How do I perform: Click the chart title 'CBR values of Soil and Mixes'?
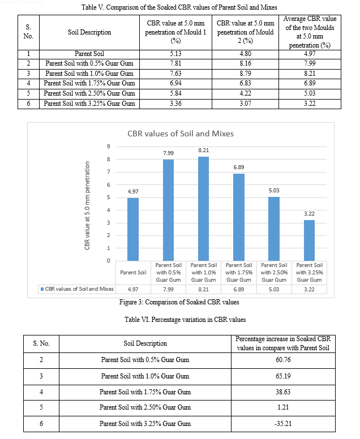coord(180,134)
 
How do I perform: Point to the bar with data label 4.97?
coord(134,229)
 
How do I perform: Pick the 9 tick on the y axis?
coord(108,147)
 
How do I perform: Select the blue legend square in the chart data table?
coord(42,289)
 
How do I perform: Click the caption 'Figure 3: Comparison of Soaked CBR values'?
coord(179,302)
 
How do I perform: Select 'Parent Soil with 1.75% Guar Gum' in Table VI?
coord(145,391)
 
